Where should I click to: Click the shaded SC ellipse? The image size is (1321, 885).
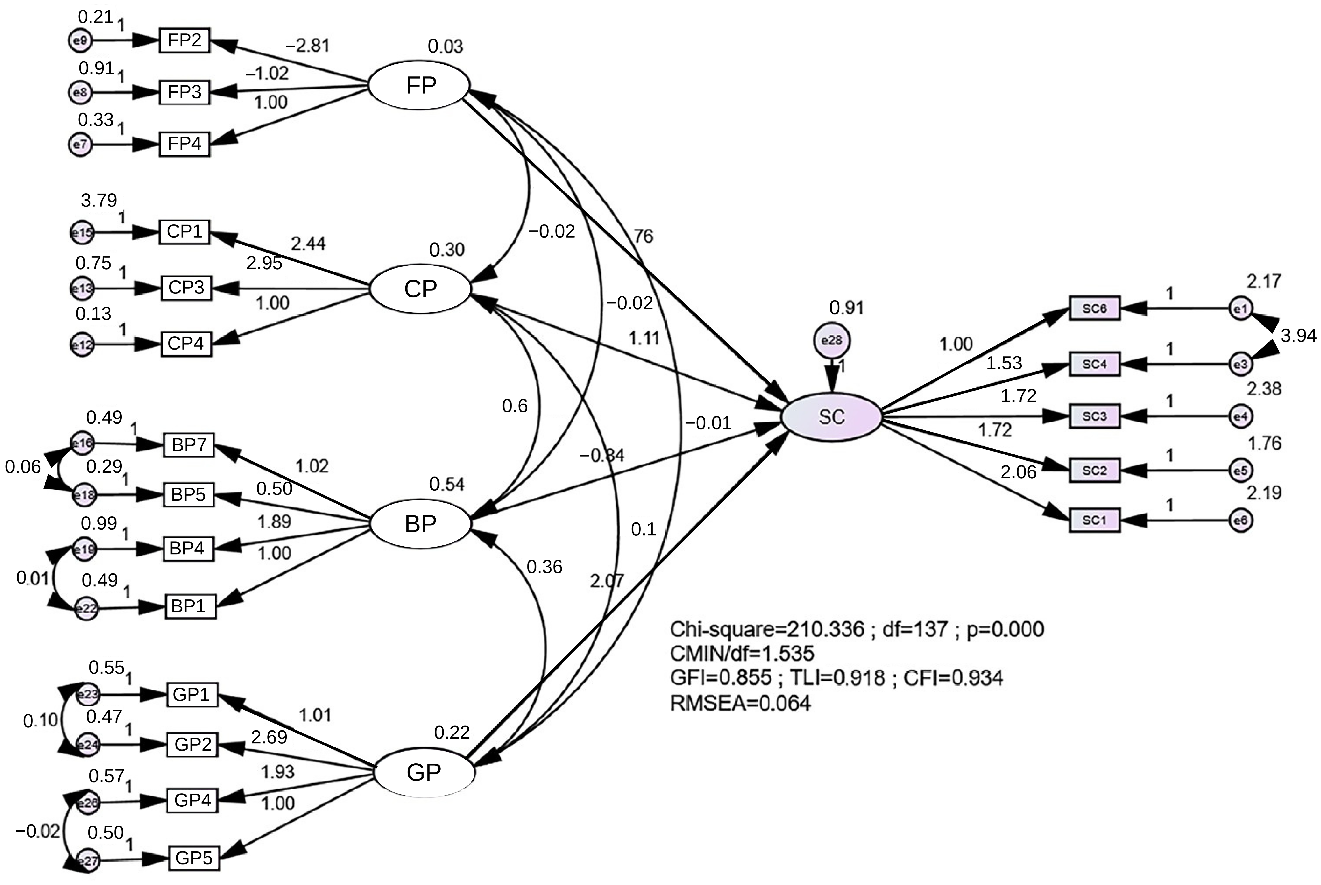831,416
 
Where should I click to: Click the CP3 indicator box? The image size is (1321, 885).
186,288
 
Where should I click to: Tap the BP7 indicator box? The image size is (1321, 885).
189,445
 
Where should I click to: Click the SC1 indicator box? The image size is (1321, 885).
1094,520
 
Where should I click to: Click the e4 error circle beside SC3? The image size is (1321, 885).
1240,416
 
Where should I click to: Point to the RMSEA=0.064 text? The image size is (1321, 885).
740,703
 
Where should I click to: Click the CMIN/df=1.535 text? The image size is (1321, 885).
742,654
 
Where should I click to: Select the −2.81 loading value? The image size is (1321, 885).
308,45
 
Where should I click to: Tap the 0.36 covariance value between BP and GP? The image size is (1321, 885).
544,567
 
